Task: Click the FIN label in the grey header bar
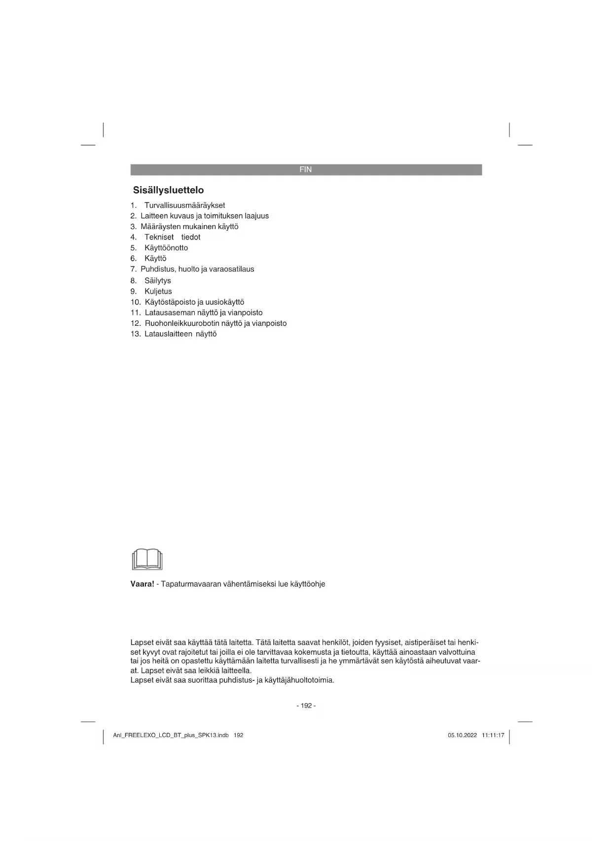(305, 169)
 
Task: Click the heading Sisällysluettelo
(168, 190)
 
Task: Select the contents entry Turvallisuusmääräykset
(184, 205)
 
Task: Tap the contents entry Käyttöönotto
(166, 248)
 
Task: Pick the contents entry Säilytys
(157, 280)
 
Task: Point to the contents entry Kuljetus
(158, 291)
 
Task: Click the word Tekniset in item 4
(159, 237)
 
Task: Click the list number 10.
(136, 302)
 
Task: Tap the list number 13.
(136, 334)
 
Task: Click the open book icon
(147, 559)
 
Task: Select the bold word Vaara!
(142, 584)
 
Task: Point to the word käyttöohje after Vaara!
(307, 584)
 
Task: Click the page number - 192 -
(306, 706)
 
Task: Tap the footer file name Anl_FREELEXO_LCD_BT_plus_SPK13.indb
(171, 735)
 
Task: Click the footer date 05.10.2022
(462, 735)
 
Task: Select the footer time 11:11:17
(493, 735)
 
